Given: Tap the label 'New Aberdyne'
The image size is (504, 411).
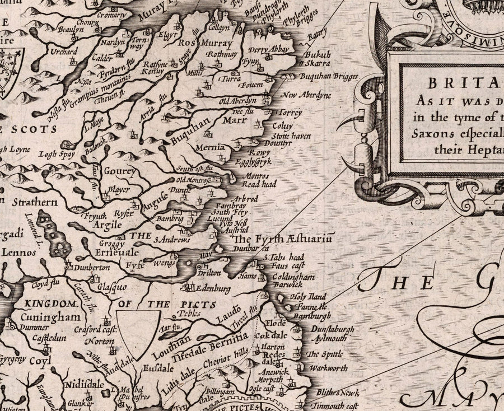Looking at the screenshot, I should coord(307,95).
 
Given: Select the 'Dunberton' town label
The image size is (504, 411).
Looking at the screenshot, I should coord(91,268).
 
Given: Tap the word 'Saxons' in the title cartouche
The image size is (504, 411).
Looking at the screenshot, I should coord(436,135).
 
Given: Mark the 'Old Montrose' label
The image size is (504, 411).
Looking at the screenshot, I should coord(193,180).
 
